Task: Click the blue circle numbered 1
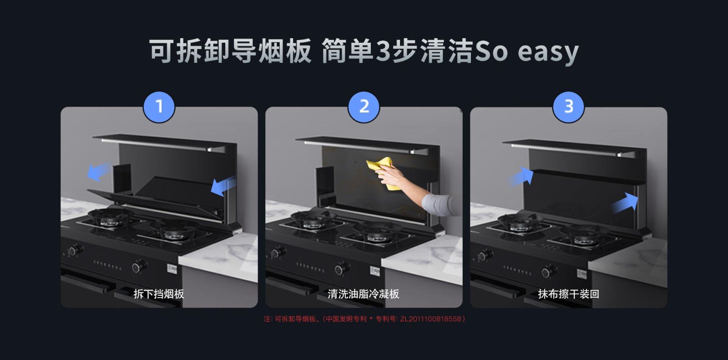coord(159,107)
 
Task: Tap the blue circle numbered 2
coord(364,107)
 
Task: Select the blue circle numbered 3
coord(568,107)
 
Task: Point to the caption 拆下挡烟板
coord(159,294)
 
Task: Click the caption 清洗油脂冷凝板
coord(364,294)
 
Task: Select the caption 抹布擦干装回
coord(568,294)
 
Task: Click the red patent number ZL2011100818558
coord(430,319)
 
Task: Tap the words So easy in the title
coord(526,51)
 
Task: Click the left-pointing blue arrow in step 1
coord(98,172)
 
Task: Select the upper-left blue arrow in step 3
coord(522,175)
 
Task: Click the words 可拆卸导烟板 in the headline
coord(230,51)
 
